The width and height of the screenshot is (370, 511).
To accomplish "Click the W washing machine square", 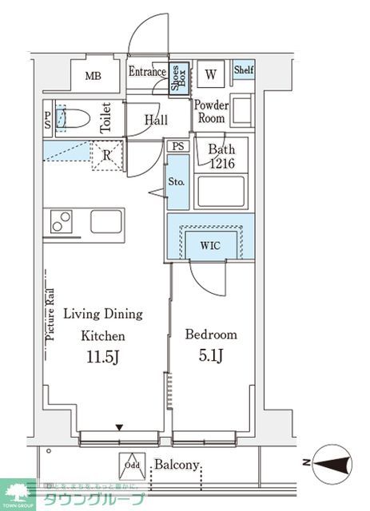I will pyautogui.click(x=211, y=75).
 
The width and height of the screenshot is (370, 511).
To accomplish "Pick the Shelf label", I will pyautogui.click(x=244, y=69).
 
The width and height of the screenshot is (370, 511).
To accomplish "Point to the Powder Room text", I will pyautogui.click(x=212, y=112).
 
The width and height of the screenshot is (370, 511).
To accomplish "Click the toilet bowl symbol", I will pyautogui.click(x=73, y=119).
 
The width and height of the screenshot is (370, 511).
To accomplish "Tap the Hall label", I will pyautogui.click(x=156, y=120).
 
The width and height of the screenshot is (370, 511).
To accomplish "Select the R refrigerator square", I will pyautogui.click(x=106, y=155).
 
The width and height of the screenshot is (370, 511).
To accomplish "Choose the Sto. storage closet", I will pyautogui.click(x=177, y=182).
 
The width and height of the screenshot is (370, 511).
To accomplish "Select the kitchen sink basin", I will pyautogui.click(x=105, y=221).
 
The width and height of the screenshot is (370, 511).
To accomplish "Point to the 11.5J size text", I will pyautogui.click(x=102, y=357).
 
